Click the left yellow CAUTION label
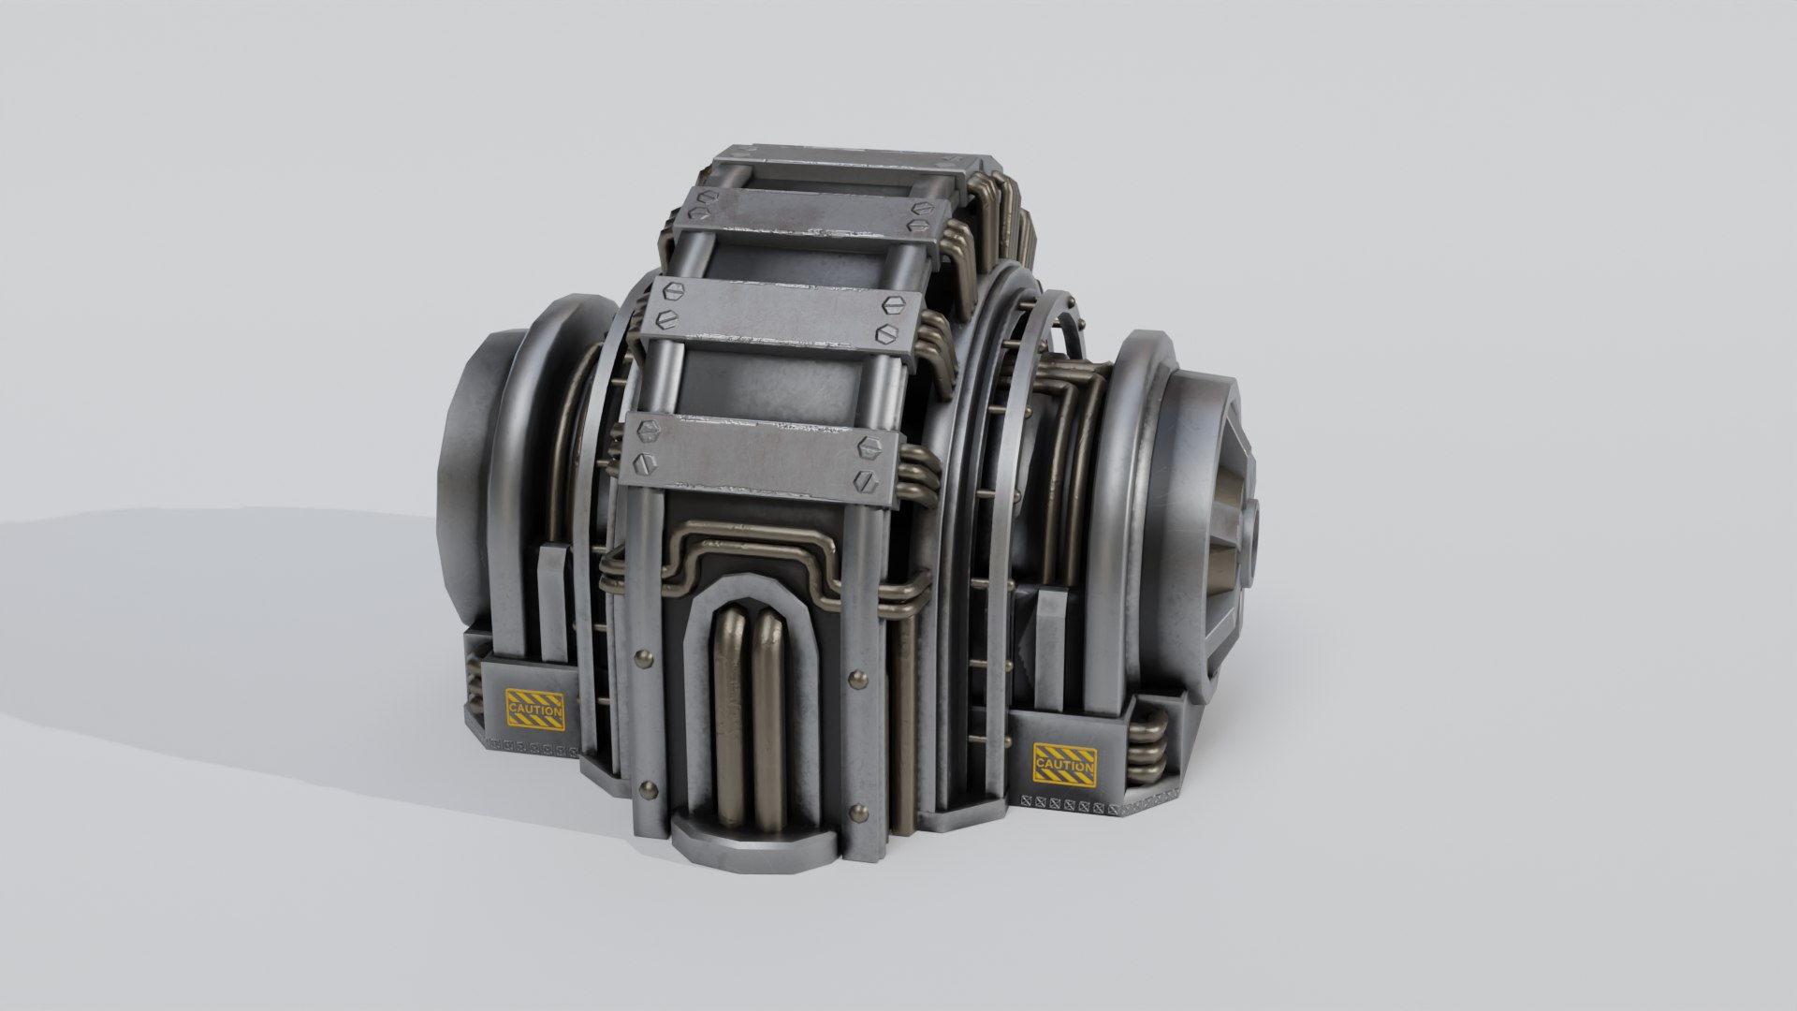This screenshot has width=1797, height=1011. coord(534,710)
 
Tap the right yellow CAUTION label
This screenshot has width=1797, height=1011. coord(1064,762)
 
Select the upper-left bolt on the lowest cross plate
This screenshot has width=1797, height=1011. coord(644,430)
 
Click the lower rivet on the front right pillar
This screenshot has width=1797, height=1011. coord(856,810)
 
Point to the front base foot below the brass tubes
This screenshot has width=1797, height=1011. coord(749,842)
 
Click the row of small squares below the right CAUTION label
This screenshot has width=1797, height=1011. coord(1067,803)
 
